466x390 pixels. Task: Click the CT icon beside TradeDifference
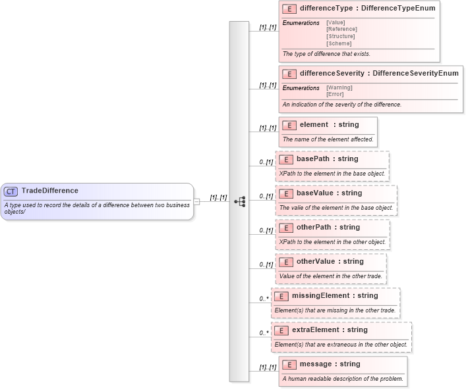[11, 191]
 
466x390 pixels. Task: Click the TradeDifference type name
[49, 191]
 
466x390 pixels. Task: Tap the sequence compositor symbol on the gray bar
[239, 201]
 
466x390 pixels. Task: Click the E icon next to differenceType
[289, 9]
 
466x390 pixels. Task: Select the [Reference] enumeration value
[341, 29]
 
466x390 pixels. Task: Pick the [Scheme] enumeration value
[339, 43]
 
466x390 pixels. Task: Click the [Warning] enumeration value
[339, 87]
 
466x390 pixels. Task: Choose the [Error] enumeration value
[335, 94]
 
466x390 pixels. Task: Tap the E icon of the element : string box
[289, 125]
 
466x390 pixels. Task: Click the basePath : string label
[327, 158]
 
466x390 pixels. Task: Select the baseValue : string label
[329, 193]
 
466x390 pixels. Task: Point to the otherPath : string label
[328, 227]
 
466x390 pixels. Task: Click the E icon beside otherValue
[286, 262]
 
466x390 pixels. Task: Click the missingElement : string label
[334, 295]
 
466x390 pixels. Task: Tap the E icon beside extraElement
[281, 330]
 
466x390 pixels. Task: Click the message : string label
[330, 364]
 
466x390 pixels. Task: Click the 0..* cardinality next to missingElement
[264, 299]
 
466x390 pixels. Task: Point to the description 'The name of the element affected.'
[328, 139]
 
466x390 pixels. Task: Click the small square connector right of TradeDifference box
[196, 201]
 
